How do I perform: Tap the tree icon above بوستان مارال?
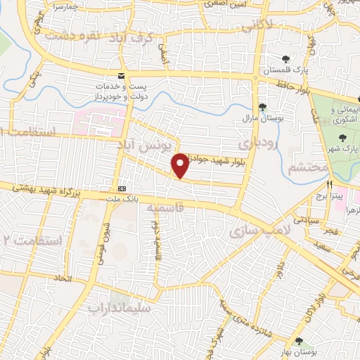click(x=262, y=107)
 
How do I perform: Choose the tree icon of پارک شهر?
click(x=342, y=138)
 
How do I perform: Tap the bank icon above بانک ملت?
click(x=122, y=188)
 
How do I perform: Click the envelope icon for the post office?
click(x=122, y=75)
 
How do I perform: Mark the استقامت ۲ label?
click(x=32, y=240)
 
